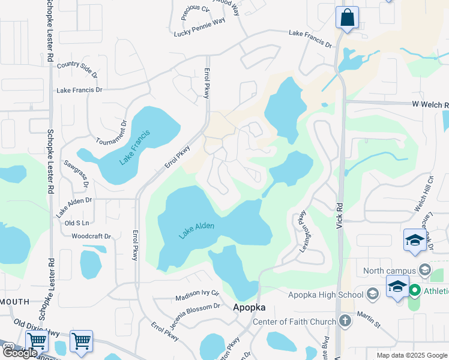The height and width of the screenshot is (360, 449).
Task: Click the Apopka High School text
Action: [326, 294]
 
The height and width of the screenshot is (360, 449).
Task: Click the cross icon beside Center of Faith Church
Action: [345, 320]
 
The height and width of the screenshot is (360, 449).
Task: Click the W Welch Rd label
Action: [430, 104]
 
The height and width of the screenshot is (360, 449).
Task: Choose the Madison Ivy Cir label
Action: [197, 296]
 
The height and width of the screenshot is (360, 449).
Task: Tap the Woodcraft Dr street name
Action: [91, 236]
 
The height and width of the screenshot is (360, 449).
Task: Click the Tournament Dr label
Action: [112, 132]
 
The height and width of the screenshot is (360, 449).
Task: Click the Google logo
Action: [20, 353]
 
